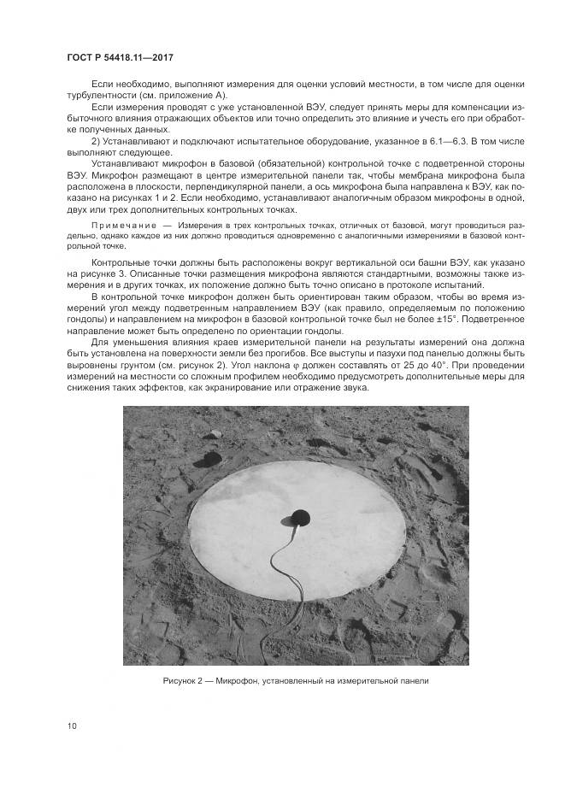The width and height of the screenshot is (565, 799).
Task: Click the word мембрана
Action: [403, 173]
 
